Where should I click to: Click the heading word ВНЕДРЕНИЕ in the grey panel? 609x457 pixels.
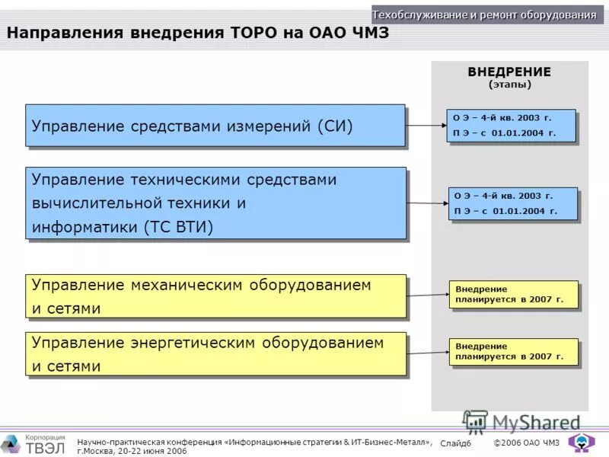[x=509, y=72]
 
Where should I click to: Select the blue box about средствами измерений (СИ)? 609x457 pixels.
[x=215, y=125]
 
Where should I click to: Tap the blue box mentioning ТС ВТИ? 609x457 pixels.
[x=215, y=203]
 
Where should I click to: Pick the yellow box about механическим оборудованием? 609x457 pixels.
[x=215, y=296]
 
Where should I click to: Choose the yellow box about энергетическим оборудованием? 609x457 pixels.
[x=215, y=353]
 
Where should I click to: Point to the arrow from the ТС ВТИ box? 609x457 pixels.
[x=427, y=203]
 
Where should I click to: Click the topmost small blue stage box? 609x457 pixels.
[x=511, y=126]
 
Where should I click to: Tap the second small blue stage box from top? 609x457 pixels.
[x=512, y=203]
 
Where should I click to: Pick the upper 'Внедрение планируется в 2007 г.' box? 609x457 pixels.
[x=513, y=294]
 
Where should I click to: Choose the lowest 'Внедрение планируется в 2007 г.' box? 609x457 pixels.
[x=513, y=351]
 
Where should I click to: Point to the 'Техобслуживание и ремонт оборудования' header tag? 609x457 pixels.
[x=484, y=14]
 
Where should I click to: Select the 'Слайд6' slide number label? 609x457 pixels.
[x=456, y=443]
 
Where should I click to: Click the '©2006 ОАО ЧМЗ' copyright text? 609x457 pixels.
[x=526, y=443]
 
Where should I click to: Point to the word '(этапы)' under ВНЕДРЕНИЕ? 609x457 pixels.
[x=509, y=85]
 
